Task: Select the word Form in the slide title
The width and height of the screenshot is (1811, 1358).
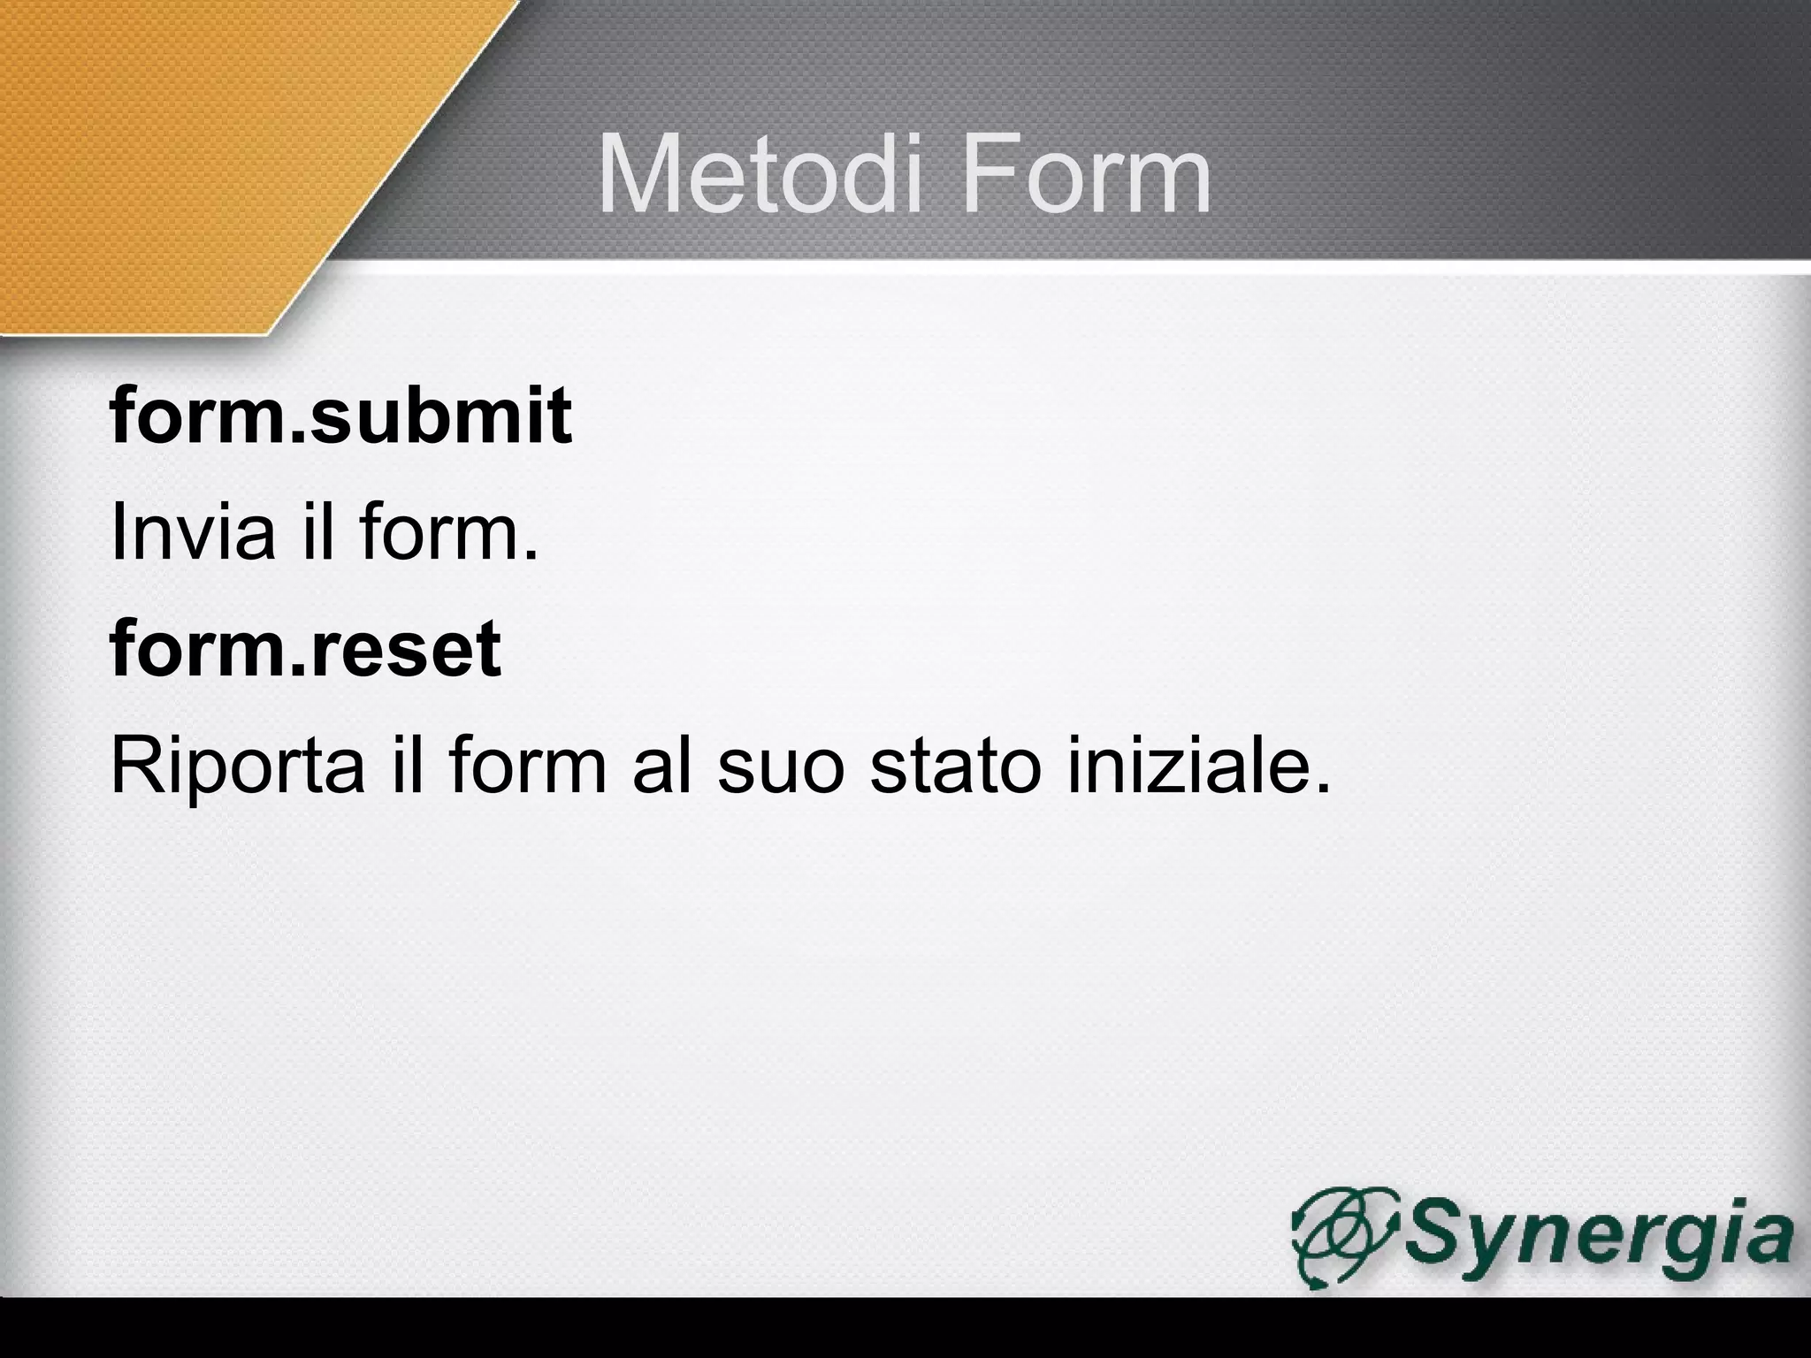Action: (x=1087, y=176)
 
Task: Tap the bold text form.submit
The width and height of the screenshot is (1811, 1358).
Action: (x=340, y=416)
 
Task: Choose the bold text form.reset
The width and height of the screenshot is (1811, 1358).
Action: (x=305, y=649)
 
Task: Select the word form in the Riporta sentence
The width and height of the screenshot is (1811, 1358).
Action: (x=526, y=766)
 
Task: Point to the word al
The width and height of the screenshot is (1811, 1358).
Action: (x=663, y=766)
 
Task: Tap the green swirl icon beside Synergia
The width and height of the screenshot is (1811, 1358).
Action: (x=1344, y=1234)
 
